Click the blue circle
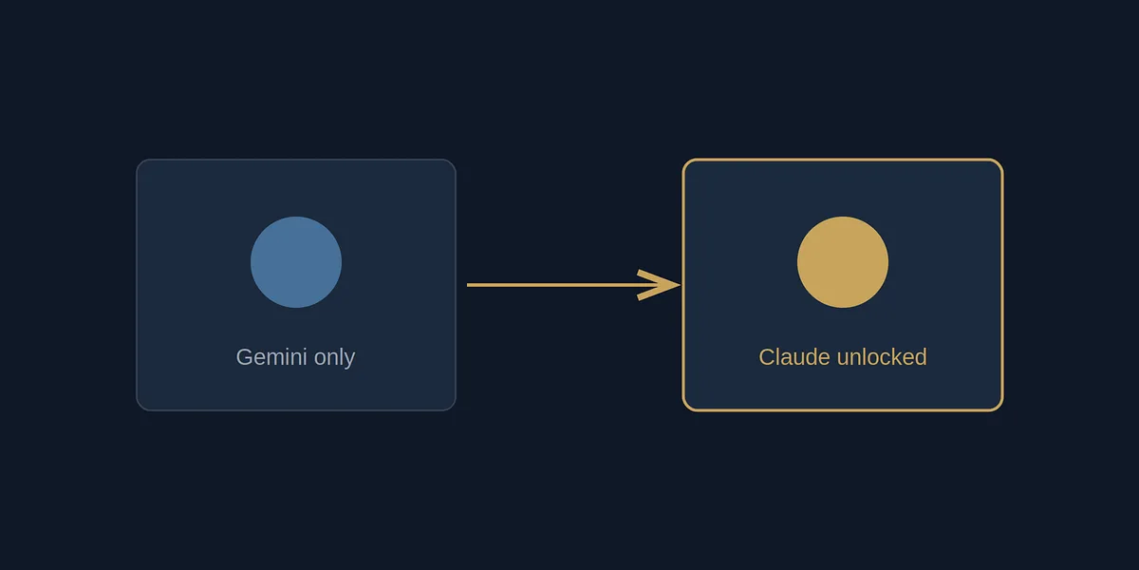[x=296, y=262]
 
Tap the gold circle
[x=843, y=262]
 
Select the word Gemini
[x=271, y=357]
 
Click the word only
[x=334, y=358]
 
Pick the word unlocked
[x=882, y=357]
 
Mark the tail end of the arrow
[x=467, y=285]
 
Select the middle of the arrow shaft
[x=573, y=285]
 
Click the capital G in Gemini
[x=245, y=357]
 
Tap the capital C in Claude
[x=767, y=357]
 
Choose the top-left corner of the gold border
[x=682, y=160]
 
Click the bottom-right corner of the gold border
[x=1002, y=410]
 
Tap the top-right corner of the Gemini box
[x=456, y=160]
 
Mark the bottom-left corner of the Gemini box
[x=137, y=410]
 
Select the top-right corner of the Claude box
[x=1002, y=160]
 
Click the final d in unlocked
[x=921, y=357]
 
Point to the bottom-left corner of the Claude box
[x=682, y=410]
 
